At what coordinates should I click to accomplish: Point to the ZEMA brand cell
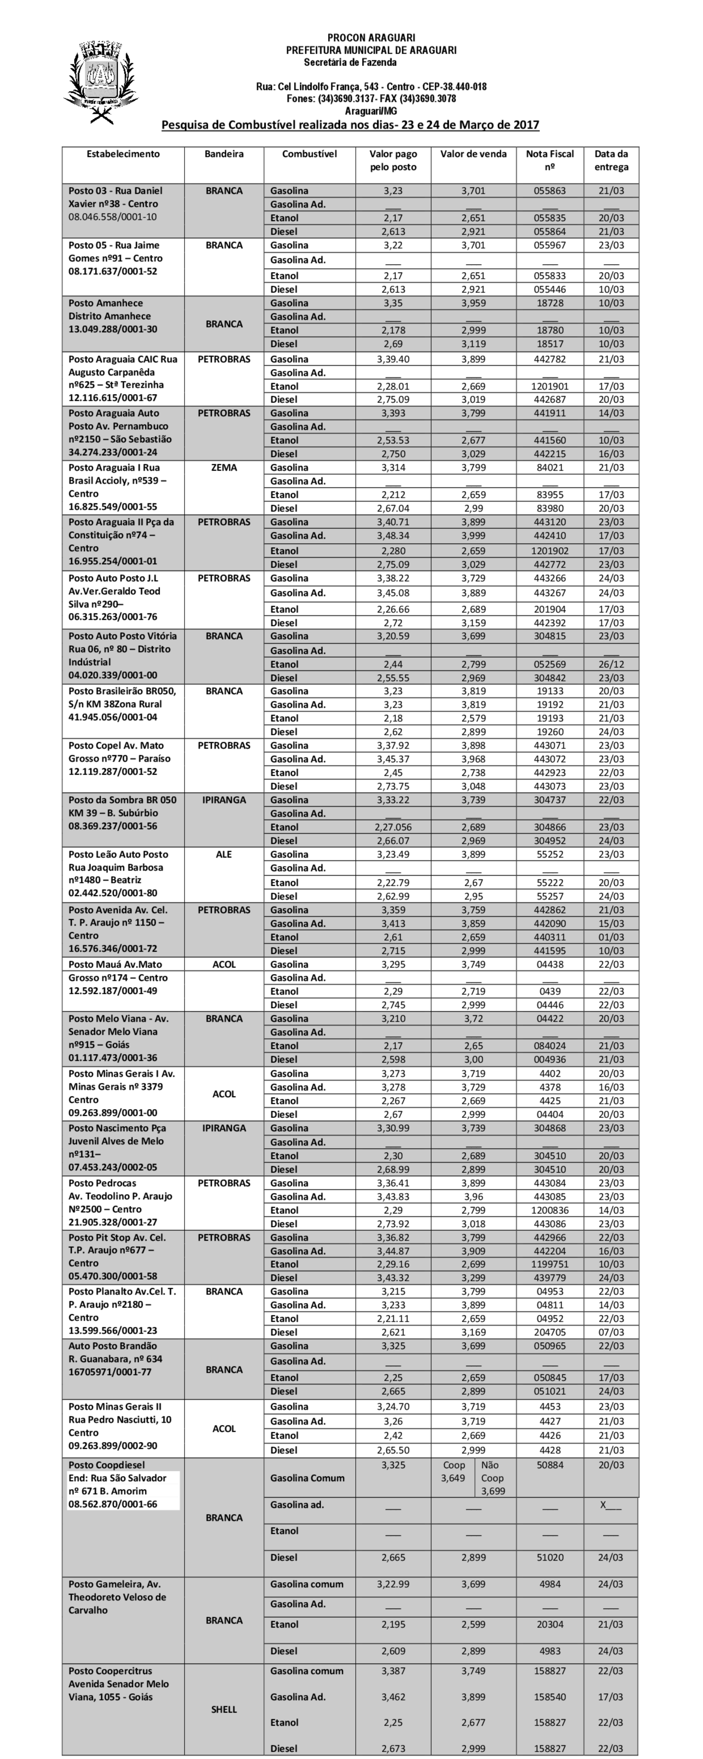[x=224, y=468]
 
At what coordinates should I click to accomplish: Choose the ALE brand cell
[x=224, y=854]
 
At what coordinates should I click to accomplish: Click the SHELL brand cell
[x=224, y=1709]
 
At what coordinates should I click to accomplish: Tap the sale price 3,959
[x=473, y=303]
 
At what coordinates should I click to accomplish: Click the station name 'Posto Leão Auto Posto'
[x=117, y=854]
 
